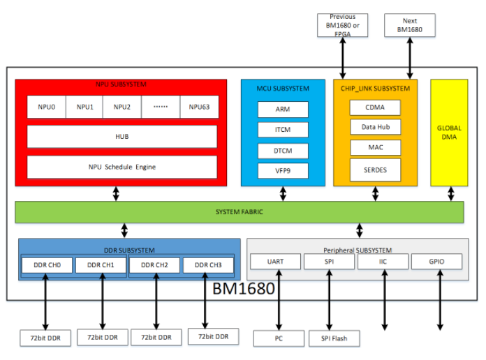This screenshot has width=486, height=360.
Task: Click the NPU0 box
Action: [x=45, y=107]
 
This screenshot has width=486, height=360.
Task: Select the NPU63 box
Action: [x=199, y=107]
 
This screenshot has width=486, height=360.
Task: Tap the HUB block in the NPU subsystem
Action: [x=121, y=137]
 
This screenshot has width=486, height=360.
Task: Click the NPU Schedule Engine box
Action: [x=121, y=167]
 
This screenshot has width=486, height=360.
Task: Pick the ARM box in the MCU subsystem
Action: [x=282, y=110]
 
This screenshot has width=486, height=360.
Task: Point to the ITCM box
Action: [x=282, y=130]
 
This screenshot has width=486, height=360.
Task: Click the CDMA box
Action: [x=375, y=107]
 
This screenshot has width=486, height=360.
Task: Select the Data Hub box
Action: [x=375, y=127]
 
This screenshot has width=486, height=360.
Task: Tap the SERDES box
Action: [x=375, y=170]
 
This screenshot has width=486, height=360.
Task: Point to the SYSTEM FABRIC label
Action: [x=239, y=212]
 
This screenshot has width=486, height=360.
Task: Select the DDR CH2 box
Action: [x=154, y=265]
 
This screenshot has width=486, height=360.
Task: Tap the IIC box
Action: [x=383, y=262]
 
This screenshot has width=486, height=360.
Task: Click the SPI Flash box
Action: [x=334, y=339]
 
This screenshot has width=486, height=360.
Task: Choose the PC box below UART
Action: [x=279, y=339]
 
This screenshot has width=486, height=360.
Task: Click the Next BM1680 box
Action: [x=409, y=26]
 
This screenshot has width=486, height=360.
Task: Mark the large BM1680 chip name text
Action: [x=243, y=287]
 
